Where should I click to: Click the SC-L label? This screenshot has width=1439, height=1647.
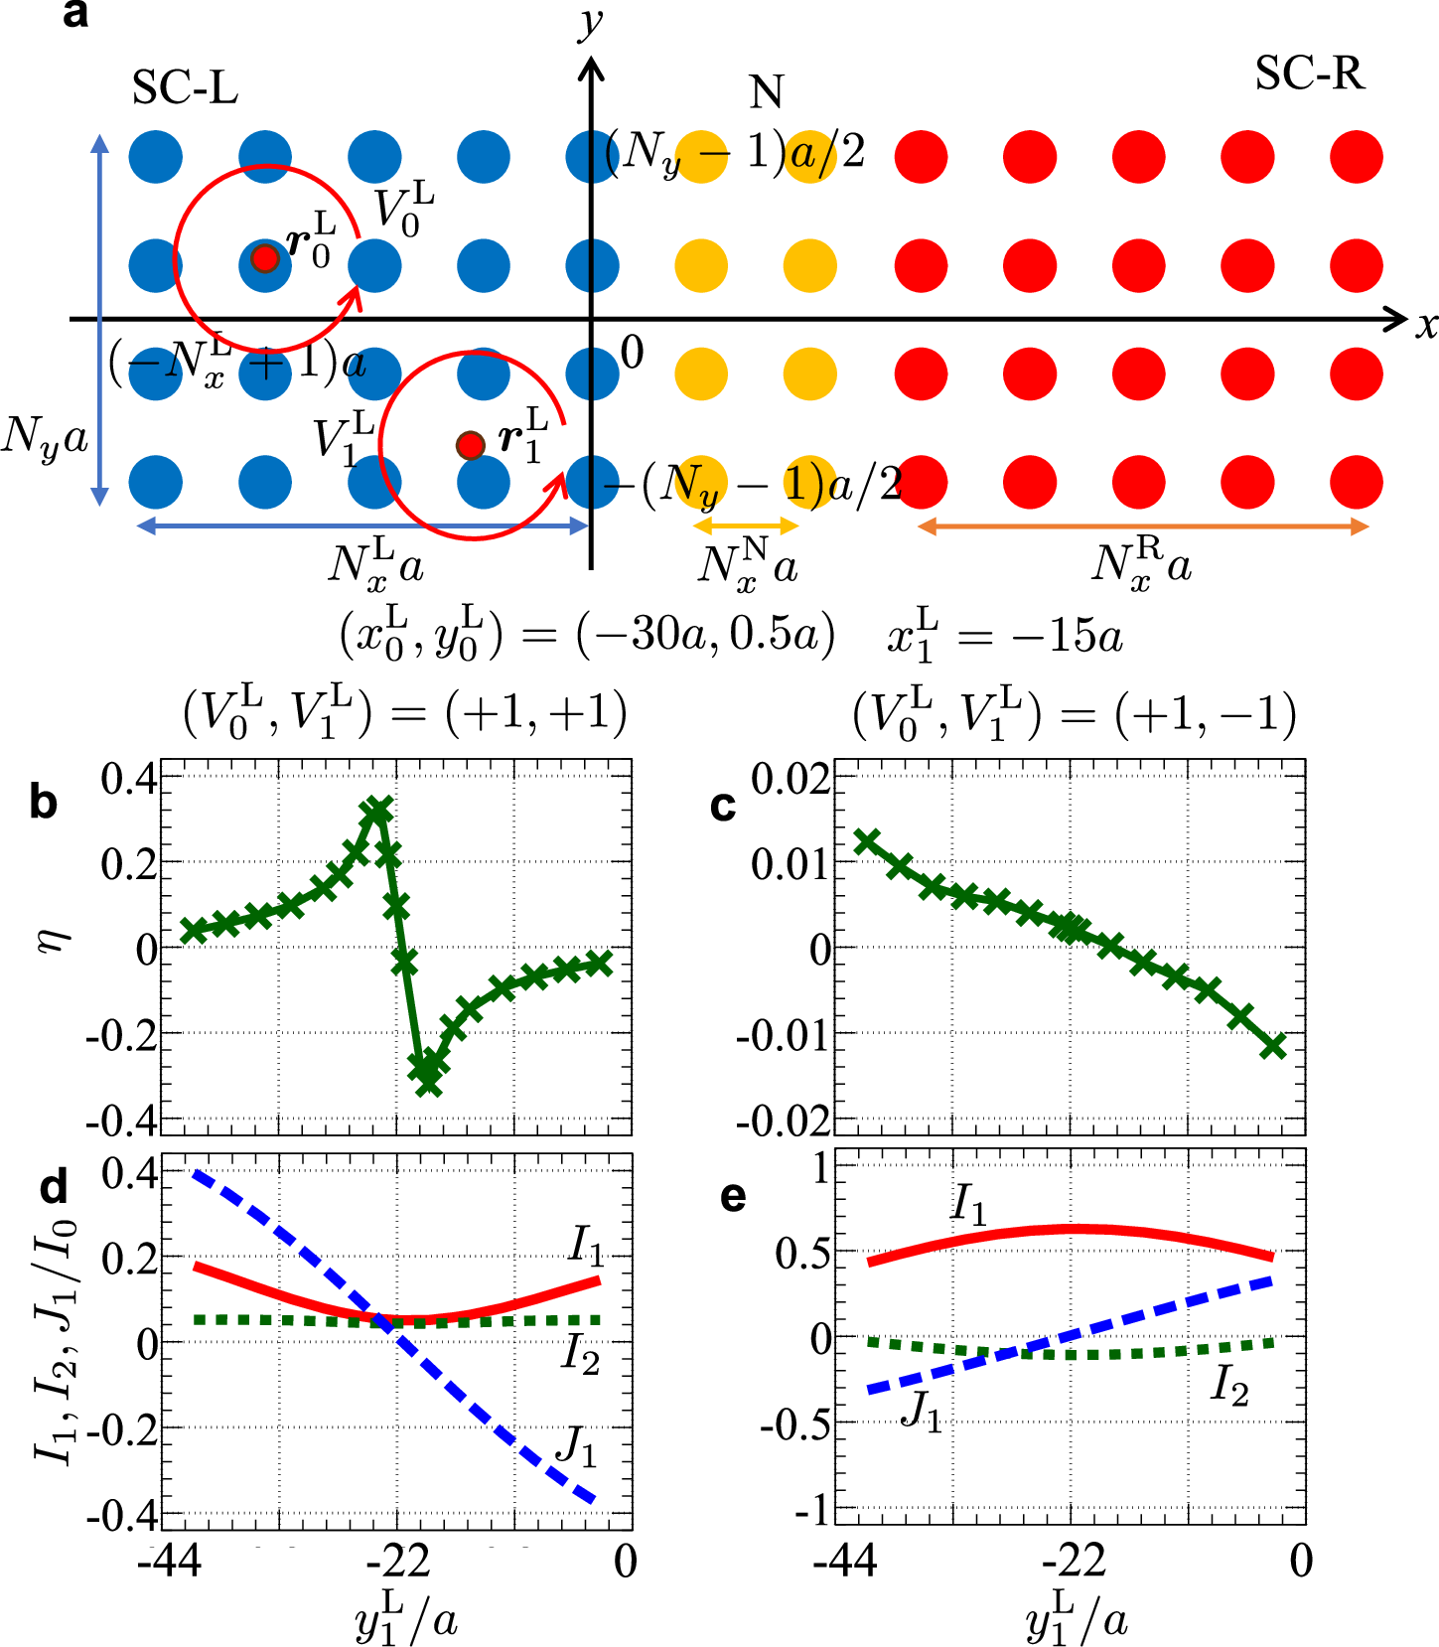[185, 88]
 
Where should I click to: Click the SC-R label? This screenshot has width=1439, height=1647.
[1309, 74]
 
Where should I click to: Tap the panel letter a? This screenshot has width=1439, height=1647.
[74, 14]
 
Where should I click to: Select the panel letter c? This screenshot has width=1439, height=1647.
[724, 805]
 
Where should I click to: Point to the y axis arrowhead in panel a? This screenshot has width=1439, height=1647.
[591, 68]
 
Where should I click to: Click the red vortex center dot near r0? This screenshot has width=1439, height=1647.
[264, 258]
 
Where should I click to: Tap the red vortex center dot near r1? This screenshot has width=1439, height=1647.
[470, 445]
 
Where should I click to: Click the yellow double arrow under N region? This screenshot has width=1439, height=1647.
[746, 525]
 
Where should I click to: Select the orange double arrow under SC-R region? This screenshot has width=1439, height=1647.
[1142, 526]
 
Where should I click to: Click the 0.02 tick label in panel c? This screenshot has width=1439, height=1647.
[791, 780]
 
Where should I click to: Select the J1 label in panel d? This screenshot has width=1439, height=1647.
[575, 1445]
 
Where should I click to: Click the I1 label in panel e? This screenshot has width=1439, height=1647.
[969, 1204]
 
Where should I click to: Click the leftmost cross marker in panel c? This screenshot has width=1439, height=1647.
[867, 841]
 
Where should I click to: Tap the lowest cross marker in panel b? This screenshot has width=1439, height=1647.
[428, 1084]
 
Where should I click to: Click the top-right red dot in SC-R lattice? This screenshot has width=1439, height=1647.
[1356, 157]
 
